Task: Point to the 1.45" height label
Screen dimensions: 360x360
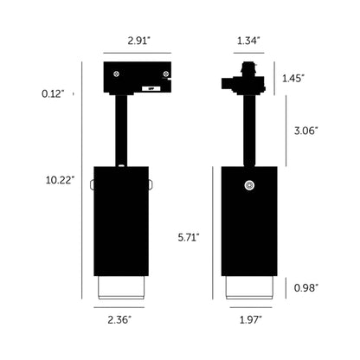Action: tap(295, 79)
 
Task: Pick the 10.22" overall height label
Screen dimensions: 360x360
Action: tap(60, 180)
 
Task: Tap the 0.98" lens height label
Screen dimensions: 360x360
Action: tap(305, 287)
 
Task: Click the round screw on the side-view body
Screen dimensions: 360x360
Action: tap(249, 183)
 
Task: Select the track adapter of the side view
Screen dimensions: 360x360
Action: tap(242, 80)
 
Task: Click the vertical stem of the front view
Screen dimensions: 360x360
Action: tap(121, 130)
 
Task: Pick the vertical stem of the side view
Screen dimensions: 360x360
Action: tap(248, 130)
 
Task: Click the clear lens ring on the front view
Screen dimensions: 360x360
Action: tap(121, 288)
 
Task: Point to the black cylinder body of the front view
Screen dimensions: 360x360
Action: tap(121, 221)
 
